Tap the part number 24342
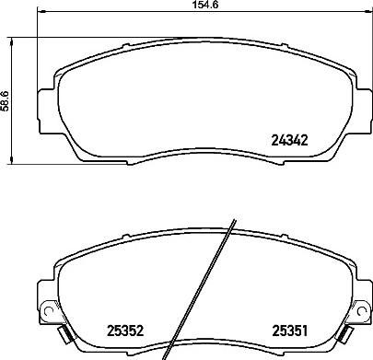point(288,140)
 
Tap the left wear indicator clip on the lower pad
point(63,332)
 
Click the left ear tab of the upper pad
point(43,97)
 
